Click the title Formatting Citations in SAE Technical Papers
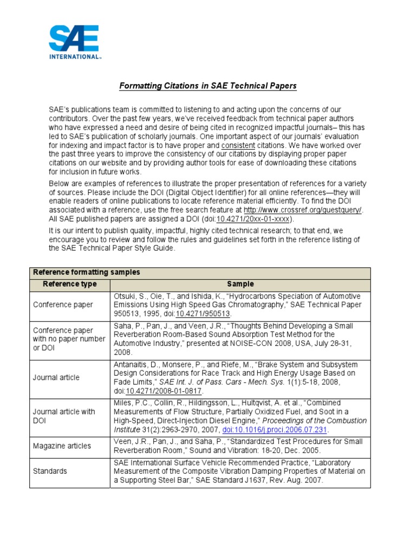click(208, 86)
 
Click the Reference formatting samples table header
click(87, 273)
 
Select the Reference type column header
click(70, 284)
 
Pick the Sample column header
click(240, 284)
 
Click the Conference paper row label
click(63, 305)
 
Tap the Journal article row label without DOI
click(56, 377)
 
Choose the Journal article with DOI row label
click(64, 416)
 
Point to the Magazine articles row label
click(62, 446)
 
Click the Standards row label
click(49, 472)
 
